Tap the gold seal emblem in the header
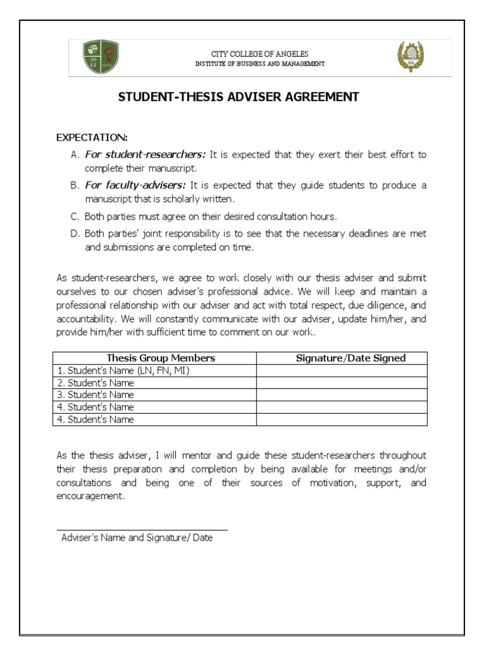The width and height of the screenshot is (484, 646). coord(410,57)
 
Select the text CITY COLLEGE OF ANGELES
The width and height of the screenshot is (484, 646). coord(260,54)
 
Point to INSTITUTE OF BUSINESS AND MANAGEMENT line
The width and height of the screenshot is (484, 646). coord(260,64)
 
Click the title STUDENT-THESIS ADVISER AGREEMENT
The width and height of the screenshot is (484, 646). coord(239,97)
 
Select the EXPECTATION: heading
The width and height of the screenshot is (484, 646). coord(92,137)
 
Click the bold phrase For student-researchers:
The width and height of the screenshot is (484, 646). coord(146,154)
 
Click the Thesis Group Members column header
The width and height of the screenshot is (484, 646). coord(161,358)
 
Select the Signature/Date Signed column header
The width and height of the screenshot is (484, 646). coord(351,358)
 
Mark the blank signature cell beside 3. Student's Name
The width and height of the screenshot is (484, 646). coord(342,395)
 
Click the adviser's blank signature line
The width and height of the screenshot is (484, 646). coord(142,529)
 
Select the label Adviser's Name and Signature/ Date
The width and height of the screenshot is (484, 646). coord(137,538)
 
